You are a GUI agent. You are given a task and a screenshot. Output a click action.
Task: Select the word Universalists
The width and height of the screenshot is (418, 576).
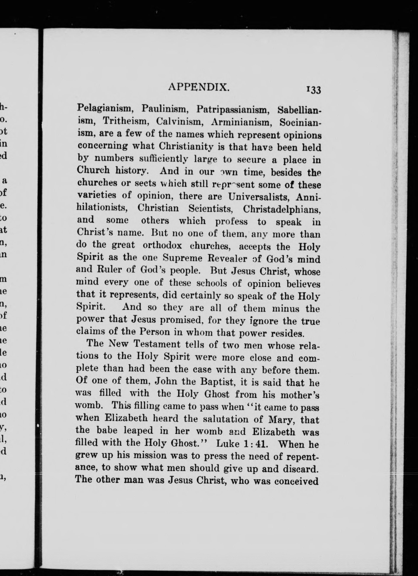[258, 196]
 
